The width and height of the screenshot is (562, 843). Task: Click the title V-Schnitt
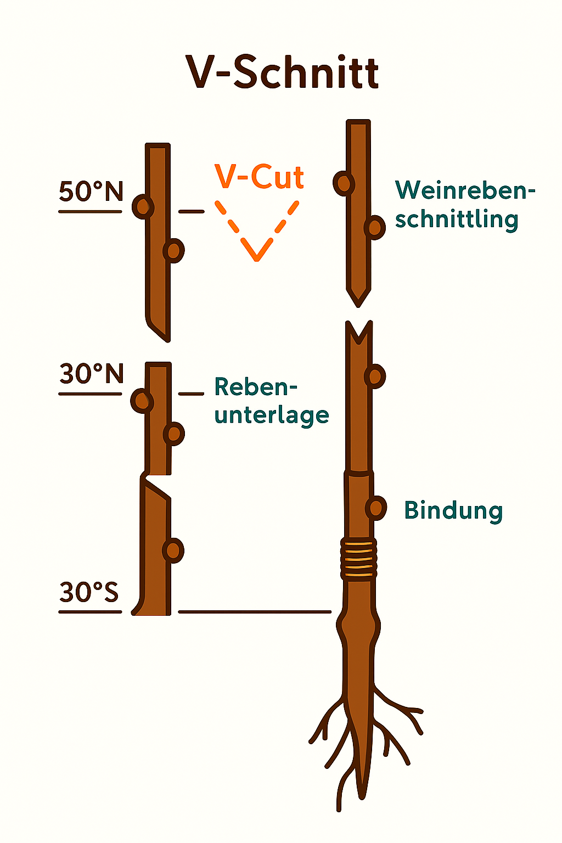(x=282, y=72)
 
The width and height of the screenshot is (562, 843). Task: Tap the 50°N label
(x=91, y=192)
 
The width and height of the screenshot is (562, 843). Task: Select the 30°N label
(x=91, y=374)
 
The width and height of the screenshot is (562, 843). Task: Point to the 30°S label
(x=89, y=593)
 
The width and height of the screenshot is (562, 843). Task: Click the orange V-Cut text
(x=259, y=177)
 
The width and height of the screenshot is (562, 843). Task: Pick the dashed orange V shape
(x=257, y=231)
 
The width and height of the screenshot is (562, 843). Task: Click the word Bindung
(x=453, y=510)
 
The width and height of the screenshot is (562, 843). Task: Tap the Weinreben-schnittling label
(x=464, y=205)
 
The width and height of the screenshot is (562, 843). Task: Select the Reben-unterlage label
(x=271, y=401)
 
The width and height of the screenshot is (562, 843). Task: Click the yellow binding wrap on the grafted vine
(x=359, y=559)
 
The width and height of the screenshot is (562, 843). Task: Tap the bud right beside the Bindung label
(x=376, y=508)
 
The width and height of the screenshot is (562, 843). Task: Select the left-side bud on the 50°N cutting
(x=143, y=207)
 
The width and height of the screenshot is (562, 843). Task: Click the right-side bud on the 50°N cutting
(x=174, y=251)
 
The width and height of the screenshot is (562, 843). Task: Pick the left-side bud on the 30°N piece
(x=142, y=401)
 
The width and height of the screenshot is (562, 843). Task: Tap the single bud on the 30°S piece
(x=173, y=550)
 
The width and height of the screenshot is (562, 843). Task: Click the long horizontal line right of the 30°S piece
(x=255, y=611)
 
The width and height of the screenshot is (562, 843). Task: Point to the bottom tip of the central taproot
(x=362, y=796)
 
